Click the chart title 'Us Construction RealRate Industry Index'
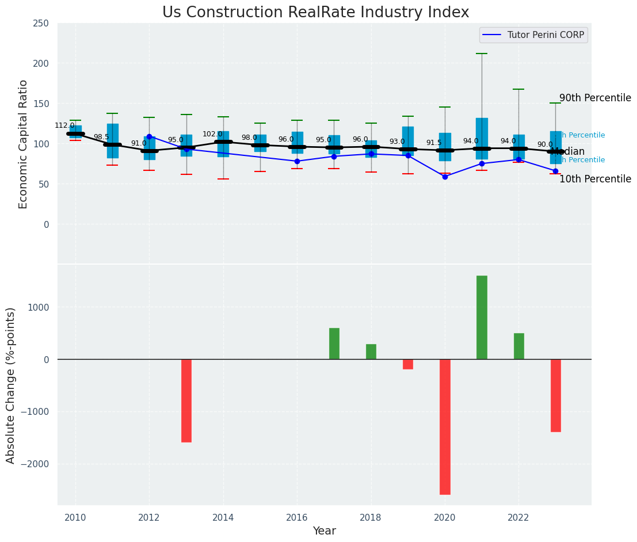tap(315, 13)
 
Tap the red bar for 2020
tap(445, 426)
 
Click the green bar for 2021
tap(482, 317)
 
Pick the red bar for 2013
tap(186, 400)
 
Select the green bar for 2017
tap(334, 343)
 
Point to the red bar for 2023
tap(555, 395)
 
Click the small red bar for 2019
tap(408, 364)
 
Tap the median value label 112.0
tap(64, 125)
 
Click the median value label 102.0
tap(212, 134)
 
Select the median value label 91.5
tap(433, 143)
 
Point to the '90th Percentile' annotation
tap(595, 98)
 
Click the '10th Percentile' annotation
tap(595, 179)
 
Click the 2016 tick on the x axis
tap(297, 518)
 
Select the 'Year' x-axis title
tap(325, 531)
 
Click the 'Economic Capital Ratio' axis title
tap(24, 144)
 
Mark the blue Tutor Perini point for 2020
tap(445, 177)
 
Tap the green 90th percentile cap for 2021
tap(482, 54)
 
